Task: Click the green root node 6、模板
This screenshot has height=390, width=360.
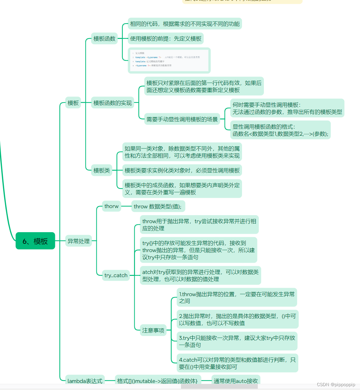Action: (x=35, y=241)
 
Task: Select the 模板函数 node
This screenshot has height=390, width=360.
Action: (x=104, y=39)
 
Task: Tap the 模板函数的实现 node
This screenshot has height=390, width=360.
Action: (x=113, y=103)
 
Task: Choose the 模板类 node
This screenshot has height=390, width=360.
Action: (x=102, y=170)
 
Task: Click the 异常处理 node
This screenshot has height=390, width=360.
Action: (x=78, y=241)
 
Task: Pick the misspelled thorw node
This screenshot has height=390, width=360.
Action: (x=111, y=206)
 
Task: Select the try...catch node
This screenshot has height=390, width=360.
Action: (x=116, y=275)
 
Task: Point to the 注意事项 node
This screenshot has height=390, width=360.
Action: (x=153, y=330)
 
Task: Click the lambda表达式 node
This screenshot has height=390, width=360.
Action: (x=85, y=381)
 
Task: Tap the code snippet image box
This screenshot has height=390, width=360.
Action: (x=169, y=60)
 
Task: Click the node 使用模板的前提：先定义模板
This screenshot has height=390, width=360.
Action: (x=166, y=39)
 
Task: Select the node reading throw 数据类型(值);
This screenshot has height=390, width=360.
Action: (x=157, y=206)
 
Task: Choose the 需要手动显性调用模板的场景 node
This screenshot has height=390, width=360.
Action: (x=182, y=119)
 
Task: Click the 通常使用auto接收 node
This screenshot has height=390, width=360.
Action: (x=236, y=381)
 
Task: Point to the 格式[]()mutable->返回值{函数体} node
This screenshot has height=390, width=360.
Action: (x=157, y=381)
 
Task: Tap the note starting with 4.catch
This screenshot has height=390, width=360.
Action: (x=237, y=363)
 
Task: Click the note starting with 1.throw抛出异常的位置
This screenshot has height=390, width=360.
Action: (x=237, y=297)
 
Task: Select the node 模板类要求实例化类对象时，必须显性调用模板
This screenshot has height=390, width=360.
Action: (x=182, y=170)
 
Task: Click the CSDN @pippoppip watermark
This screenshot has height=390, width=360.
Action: (x=336, y=385)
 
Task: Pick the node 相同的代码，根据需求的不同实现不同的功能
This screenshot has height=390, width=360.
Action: (x=185, y=24)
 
